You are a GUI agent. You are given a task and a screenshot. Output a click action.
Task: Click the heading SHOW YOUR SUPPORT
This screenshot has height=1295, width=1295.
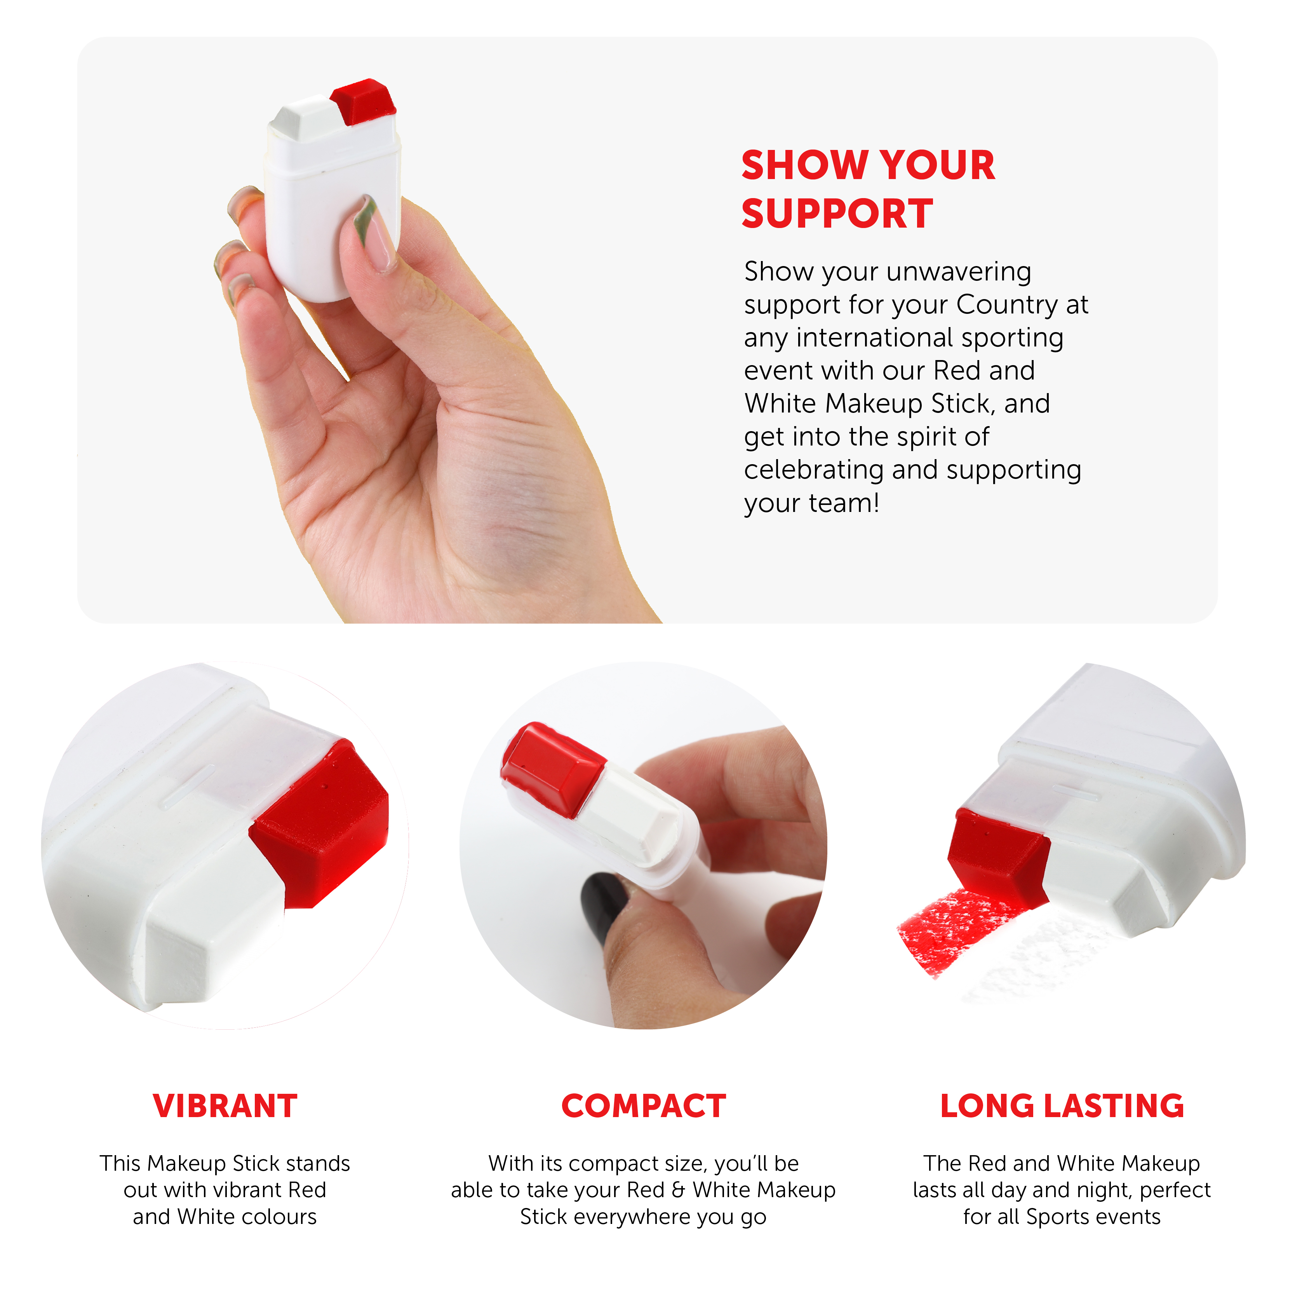868,189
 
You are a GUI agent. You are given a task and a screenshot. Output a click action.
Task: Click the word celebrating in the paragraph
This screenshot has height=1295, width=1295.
813,470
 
